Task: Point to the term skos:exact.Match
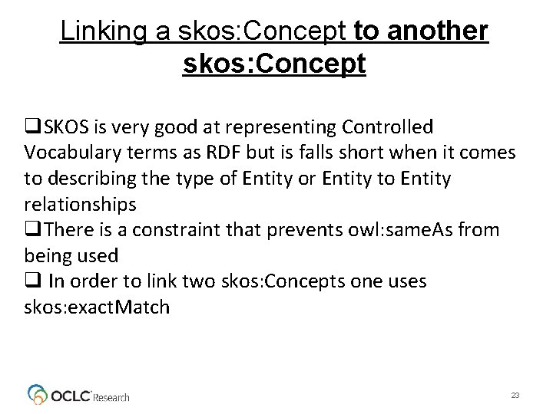(x=88, y=308)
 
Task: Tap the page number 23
(x=515, y=395)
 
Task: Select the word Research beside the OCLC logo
(x=112, y=397)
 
